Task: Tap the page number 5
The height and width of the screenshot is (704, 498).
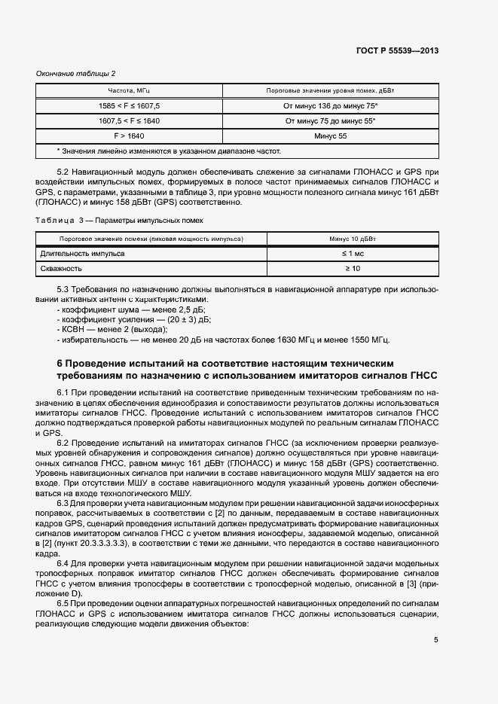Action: pos(435,640)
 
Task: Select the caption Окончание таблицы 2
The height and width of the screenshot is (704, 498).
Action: pos(76,73)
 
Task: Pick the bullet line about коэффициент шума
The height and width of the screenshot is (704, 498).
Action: pos(126,309)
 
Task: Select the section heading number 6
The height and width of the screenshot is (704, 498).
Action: pos(61,363)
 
